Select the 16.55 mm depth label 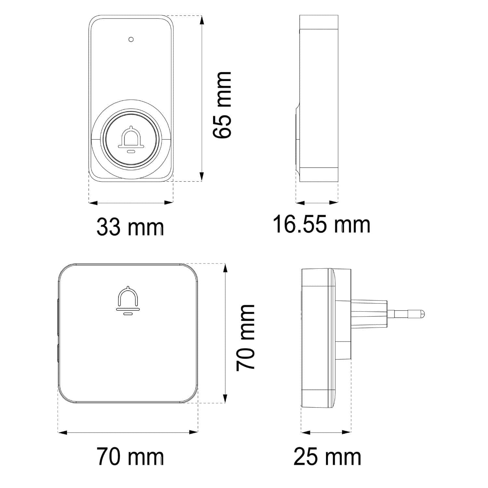click(x=321, y=224)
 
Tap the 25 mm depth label click(x=327, y=457)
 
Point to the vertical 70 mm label click(x=246, y=338)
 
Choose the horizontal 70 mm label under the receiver click(x=130, y=457)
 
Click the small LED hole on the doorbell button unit click(x=131, y=39)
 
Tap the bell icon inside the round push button click(x=131, y=139)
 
